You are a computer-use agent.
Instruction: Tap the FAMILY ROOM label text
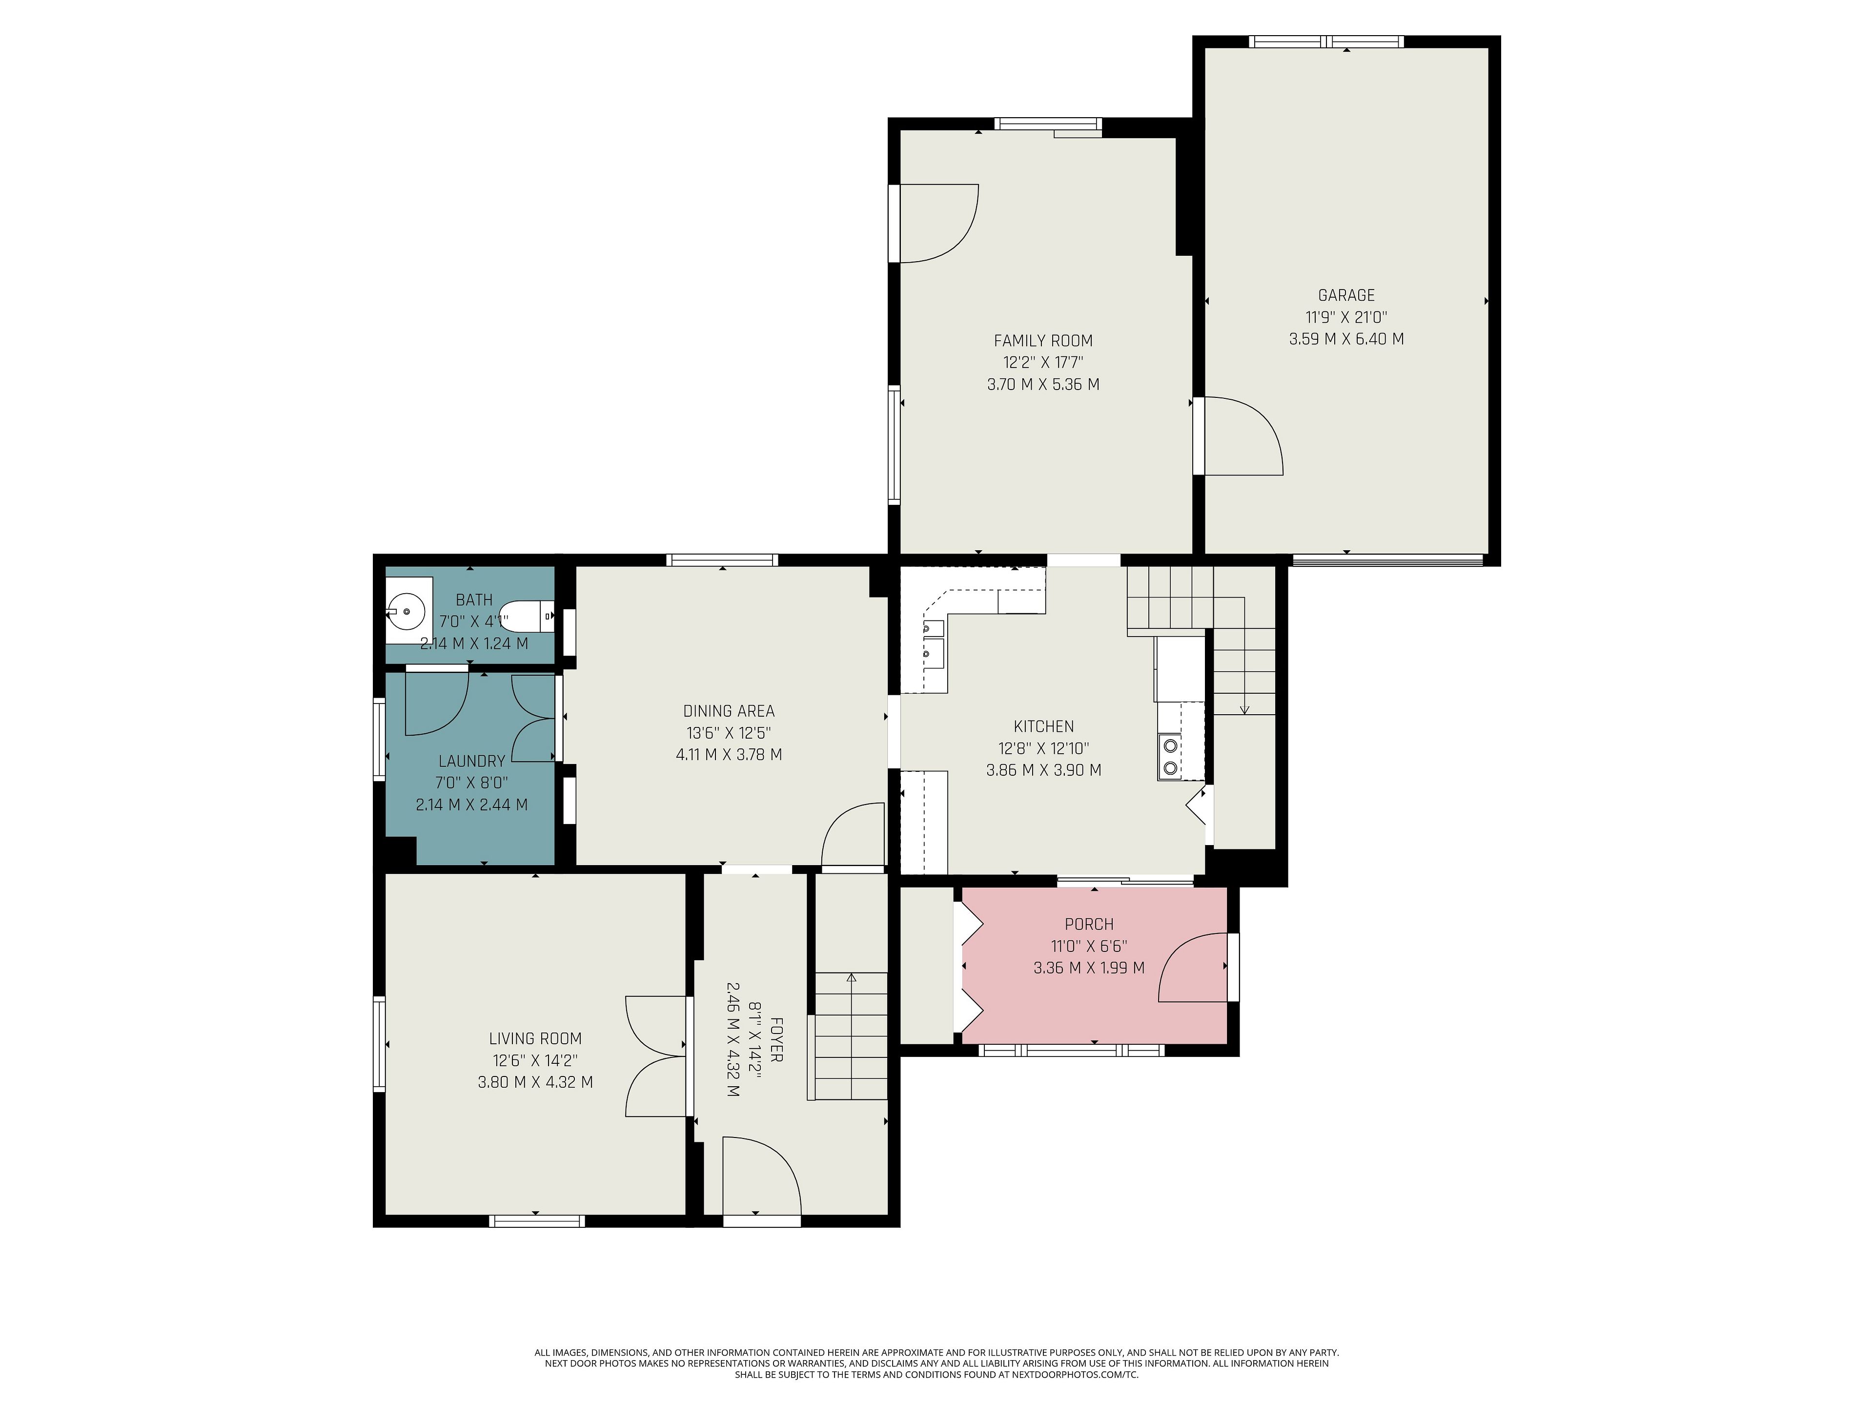(1043, 341)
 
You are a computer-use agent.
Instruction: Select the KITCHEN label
(1044, 726)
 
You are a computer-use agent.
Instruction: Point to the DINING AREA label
(729, 711)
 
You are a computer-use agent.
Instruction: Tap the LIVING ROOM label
(535, 1038)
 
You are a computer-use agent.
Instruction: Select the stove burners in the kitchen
(1170, 757)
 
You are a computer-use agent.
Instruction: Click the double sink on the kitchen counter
(933, 640)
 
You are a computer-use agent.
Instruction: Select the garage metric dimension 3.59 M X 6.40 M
(1346, 339)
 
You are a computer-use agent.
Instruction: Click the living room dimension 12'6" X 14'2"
(535, 1060)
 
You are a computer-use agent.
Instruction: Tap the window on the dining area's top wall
(722, 559)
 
